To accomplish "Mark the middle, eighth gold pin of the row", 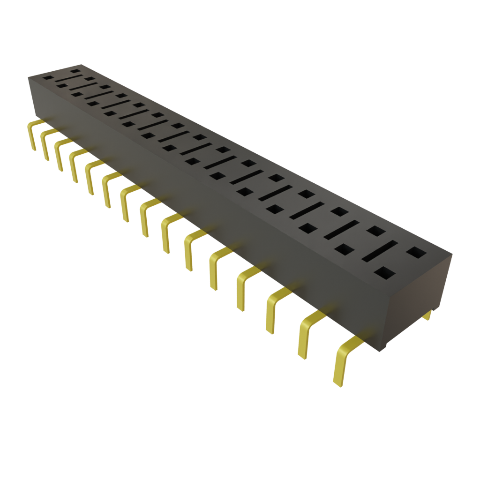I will click(x=145, y=217).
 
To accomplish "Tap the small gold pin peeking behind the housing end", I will click(x=427, y=316).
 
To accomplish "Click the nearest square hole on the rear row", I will click(x=416, y=253).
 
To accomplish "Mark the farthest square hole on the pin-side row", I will click(x=48, y=78).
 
